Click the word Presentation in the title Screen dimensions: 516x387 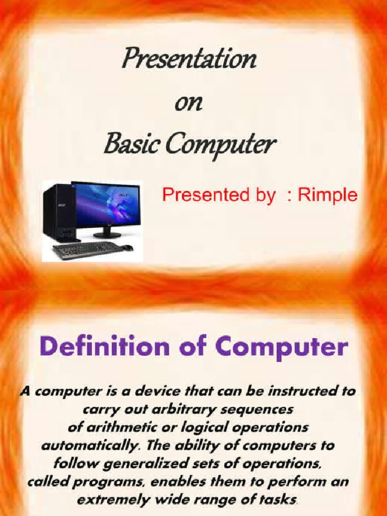click(188, 60)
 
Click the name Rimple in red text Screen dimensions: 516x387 click(328, 196)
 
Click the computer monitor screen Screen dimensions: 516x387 click(107, 204)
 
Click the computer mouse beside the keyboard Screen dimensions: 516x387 click(127, 247)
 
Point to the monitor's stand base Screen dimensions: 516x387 click(107, 235)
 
